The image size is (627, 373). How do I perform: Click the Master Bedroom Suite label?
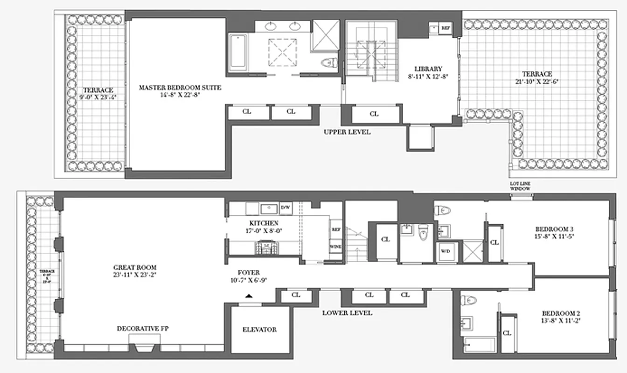180,87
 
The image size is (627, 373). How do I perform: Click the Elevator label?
259,329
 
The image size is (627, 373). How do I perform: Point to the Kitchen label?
264,223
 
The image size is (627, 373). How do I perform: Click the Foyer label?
248,272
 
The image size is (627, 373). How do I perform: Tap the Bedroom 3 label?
554,229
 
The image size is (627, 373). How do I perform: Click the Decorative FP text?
143,329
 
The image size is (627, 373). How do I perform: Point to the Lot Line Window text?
520,186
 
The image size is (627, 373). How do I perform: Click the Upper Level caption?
347,132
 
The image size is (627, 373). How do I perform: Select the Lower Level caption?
347,313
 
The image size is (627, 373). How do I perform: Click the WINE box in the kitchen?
335,245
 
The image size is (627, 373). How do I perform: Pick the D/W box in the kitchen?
285,208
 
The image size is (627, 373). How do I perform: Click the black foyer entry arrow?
250,296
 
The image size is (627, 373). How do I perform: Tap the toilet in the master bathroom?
329,62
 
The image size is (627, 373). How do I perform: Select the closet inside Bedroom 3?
494,242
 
